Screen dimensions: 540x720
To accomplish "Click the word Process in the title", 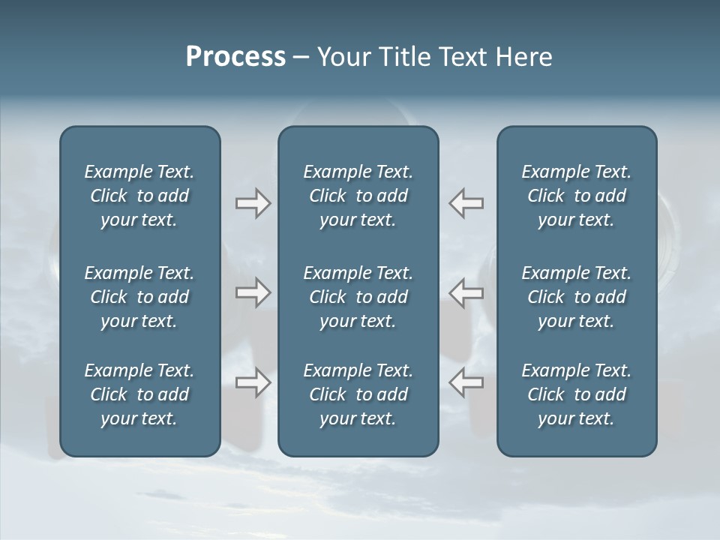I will pos(235,57).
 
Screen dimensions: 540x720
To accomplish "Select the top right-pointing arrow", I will pos(253,203).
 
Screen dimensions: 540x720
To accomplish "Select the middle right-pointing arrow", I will pos(253,292).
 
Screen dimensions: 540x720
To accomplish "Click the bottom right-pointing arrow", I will pos(253,382).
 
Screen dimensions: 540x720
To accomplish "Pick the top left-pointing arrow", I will pos(466,203).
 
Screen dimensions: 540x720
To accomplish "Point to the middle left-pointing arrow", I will pos(466,292).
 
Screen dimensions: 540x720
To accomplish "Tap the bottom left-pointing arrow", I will pos(466,382).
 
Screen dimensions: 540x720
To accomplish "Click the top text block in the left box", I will pos(139,196).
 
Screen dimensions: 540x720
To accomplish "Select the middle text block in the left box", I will pos(139,297).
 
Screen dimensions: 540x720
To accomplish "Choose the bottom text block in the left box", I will pos(139,394).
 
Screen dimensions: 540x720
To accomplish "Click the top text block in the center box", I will pos(358,196).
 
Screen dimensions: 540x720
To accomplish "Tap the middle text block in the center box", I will pos(358,297).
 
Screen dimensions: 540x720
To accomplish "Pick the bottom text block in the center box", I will pos(358,394).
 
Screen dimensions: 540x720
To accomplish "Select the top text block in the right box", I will pos(577,196).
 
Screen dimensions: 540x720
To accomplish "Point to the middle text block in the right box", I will pos(577,297).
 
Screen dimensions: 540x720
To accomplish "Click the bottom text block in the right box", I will pos(577,394).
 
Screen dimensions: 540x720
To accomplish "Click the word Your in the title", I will pos(343,57).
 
